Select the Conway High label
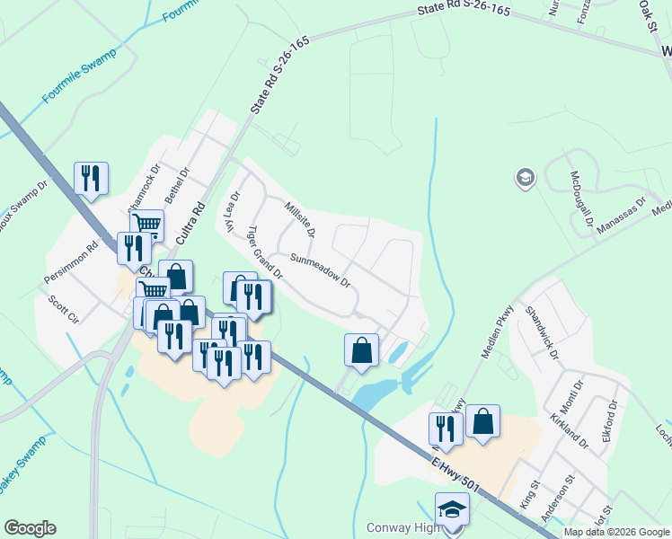click(404, 527)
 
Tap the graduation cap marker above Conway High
click(452, 509)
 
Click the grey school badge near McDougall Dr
click(524, 178)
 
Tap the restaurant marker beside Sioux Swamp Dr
click(91, 177)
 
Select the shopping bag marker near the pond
click(361, 349)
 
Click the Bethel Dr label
click(183, 185)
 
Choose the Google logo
click(30, 528)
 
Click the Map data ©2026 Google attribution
click(616, 532)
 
